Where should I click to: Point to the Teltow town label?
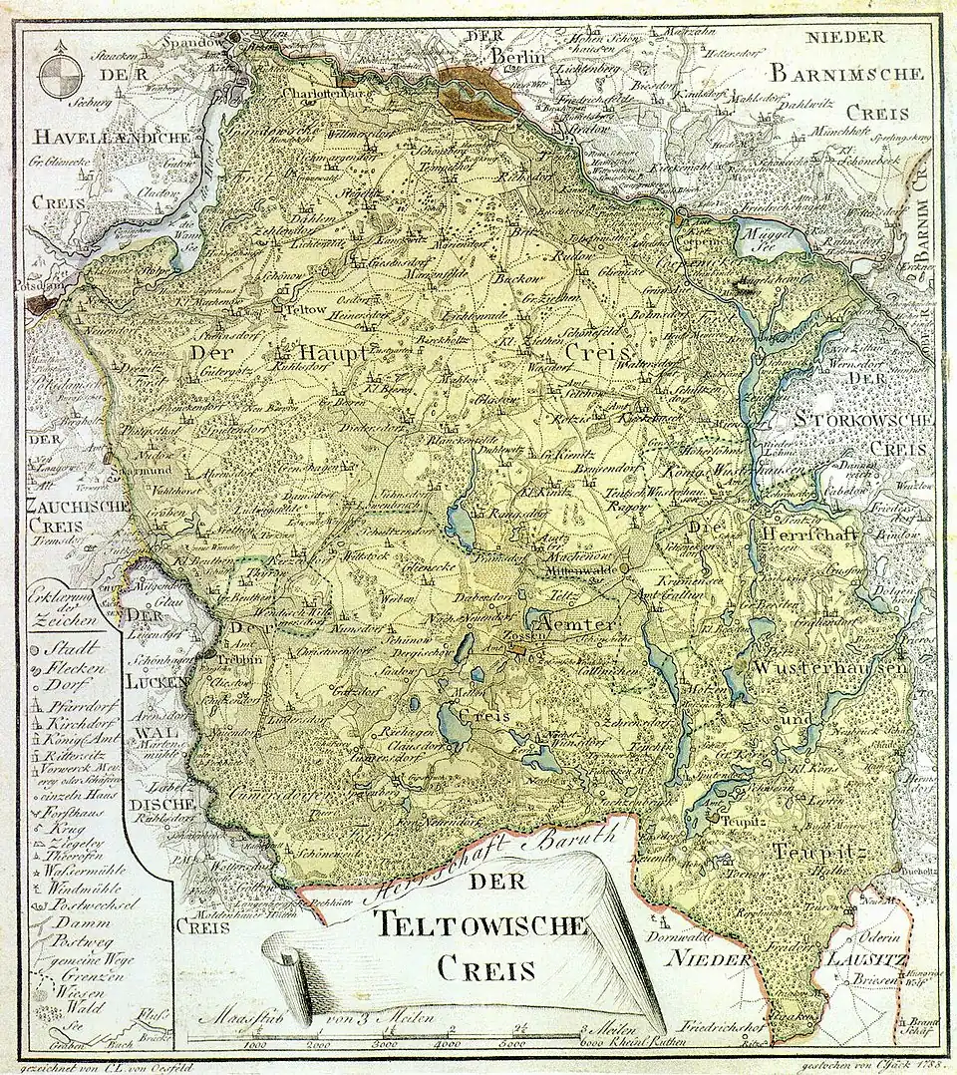point(307,310)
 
